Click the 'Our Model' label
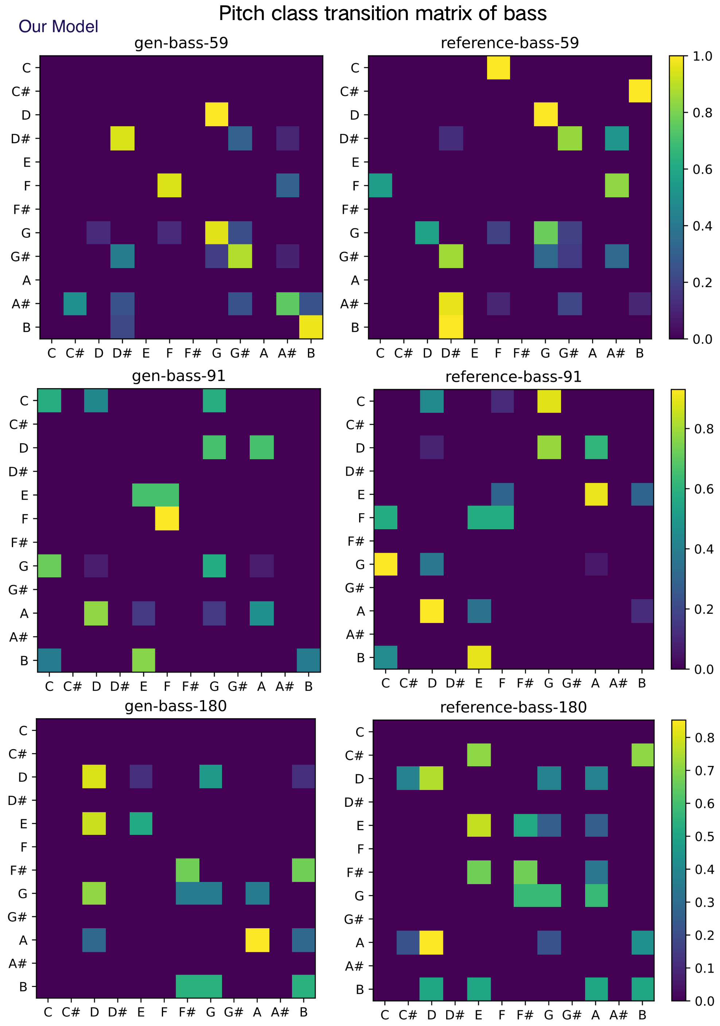click(x=58, y=27)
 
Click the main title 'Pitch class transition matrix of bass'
click(x=382, y=13)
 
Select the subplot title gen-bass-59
click(x=181, y=43)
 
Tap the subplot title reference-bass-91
click(x=513, y=377)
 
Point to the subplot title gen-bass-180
click(x=175, y=706)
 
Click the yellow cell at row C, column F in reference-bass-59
click(x=498, y=68)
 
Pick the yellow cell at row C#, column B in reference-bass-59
click(x=639, y=91)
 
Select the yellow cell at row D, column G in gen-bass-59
click(x=217, y=115)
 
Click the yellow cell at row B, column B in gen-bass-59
click(x=311, y=327)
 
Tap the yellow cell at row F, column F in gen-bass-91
click(x=167, y=518)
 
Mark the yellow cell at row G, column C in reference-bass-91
click(x=385, y=564)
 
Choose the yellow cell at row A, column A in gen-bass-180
click(x=257, y=940)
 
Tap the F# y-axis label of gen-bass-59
click(x=21, y=209)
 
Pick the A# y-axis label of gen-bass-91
click(x=18, y=637)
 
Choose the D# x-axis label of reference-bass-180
click(x=455, y=1015)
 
